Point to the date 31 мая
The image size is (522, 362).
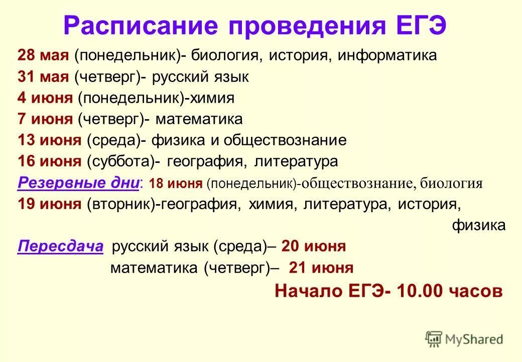(43, 77)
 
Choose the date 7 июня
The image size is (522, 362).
(45, 119)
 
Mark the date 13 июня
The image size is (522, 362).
(49, 140)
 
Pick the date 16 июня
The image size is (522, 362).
(49, 161)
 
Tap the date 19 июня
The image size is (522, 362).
(49, 205)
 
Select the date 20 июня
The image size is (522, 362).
(314, 246)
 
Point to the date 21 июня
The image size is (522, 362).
(321, 268)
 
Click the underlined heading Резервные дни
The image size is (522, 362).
(78, 183)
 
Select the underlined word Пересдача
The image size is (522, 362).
(60, 246)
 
